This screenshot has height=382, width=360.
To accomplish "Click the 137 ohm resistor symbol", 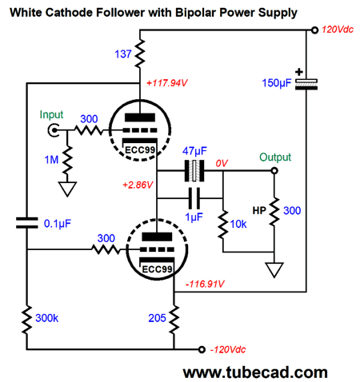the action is point(140,54).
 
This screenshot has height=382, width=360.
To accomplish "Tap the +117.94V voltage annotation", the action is point(167,83).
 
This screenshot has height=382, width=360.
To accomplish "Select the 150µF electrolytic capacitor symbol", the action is point(306,84).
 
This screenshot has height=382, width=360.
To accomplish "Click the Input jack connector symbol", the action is point(54,130).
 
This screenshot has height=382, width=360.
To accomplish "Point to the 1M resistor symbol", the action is point(67,160).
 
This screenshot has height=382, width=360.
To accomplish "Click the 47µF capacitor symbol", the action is point(194,171).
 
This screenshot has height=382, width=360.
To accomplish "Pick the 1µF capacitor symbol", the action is point(194,198).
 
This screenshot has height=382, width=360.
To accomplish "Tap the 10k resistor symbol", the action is point(223,225).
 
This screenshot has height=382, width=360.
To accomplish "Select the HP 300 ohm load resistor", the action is point(274,212).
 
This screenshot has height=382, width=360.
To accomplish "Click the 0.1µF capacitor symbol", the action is point(26,223).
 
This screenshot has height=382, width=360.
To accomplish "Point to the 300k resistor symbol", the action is point(26,320).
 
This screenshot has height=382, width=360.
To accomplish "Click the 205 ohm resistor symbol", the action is point(174,319).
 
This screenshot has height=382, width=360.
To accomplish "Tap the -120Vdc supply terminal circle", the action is point(202,349).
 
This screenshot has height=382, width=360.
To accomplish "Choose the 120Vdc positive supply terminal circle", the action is point(314,30).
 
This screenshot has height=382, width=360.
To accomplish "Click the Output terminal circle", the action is point(274,170).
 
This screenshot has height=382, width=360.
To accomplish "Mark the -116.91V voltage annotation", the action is point(205,284).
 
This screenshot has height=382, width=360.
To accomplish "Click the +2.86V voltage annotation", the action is point(138,185).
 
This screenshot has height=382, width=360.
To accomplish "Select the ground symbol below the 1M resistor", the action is point(67,189).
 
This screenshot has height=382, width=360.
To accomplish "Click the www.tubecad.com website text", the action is point(255,372).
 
